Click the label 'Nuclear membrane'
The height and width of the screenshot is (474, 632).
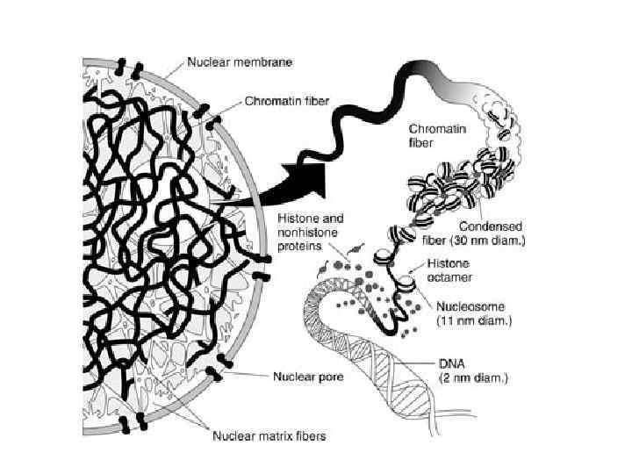[239, 62]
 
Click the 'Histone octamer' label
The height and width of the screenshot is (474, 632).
[449, 269]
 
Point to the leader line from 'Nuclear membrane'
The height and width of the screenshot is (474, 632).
[172, 67]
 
